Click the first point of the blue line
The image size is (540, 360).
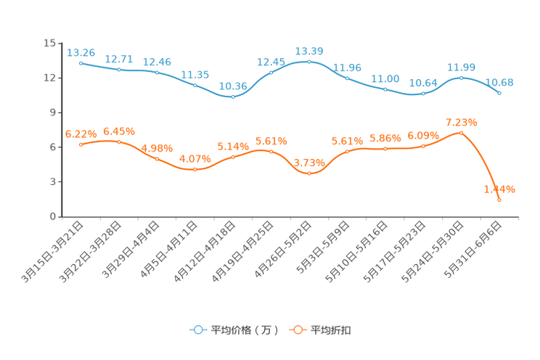[x=81, y=62]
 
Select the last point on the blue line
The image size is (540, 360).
[x=499, y=93]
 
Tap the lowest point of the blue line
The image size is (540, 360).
[x=233, y=97]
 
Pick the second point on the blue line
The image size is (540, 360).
[x=118, y=69]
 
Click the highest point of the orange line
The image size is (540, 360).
[x=461, y=133]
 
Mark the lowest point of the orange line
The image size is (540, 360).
[x=499, y=200]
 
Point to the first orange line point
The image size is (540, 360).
[x=81, y=145]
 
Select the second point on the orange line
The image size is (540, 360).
[x=118, y=142]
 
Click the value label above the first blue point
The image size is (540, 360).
[x=81, y=52]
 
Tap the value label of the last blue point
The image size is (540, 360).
[x=500, y=82]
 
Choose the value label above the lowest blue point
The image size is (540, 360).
[x=233, y=86]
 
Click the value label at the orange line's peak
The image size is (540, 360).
[x=461, y=121]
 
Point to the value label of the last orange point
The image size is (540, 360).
[x=500, y=189]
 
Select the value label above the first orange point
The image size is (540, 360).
[x=81, y=134]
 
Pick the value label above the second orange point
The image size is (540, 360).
[x=118, y=131]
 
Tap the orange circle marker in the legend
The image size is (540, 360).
[x=298, y=330]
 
